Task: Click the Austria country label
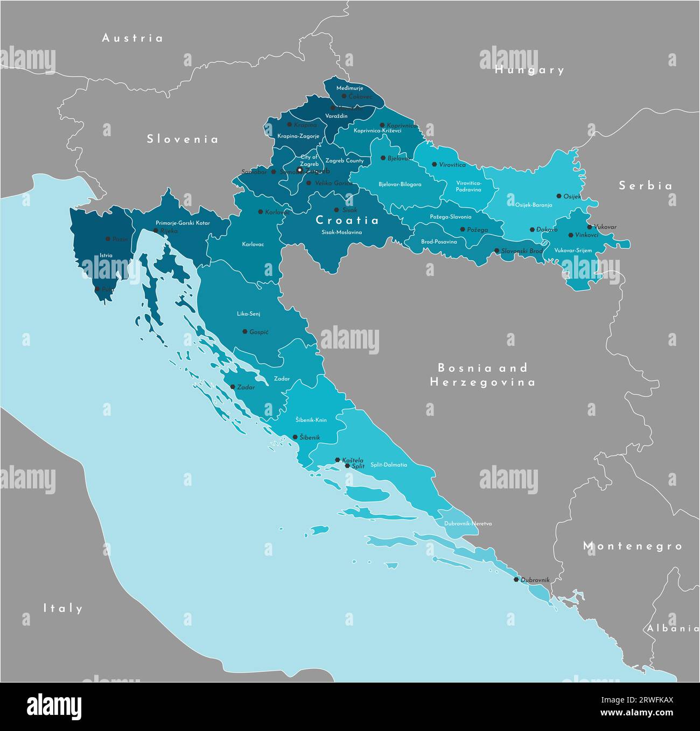pyautogui.click(x=132, y=38)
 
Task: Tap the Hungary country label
pyautogui.click(x=529, y=70)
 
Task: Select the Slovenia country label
pyautogui.click(x=183, y=139)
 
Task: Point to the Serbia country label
pyautogui.click(x=645, y=186)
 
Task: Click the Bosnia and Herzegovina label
pyautogui.click(x=482, y=375)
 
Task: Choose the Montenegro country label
pyautogui.click(x=633, y=546)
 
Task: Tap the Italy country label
pyautogui.click(x=63, y=608)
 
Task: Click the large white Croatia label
pyautogui.click(x=347, y=220)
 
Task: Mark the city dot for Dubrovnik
pyautogui.click(x=516, y=579)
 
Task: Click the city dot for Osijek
pyautogui.click(x=559, y=196)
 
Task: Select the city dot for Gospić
pyautogui.click(x=245, y=332)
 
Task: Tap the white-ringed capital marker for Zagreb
pyautogui.click(x=300, y=170)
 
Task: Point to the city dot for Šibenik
pyautogui.click(x=295, y=437)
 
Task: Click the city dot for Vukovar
pyautogui.click(x=590, y=227)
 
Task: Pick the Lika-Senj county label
pyautogui.click(x=249, y=313)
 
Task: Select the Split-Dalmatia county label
pyautogui.click(x=388, y=465)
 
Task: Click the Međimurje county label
pyautogui.click(x=350, y=88)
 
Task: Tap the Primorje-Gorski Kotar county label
pyautogui.click(x=183, y=223)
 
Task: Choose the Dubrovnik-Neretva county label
pyautogui.click(x=468, y=523)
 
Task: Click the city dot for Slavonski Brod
pyautogui.click(x=496, y=251)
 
